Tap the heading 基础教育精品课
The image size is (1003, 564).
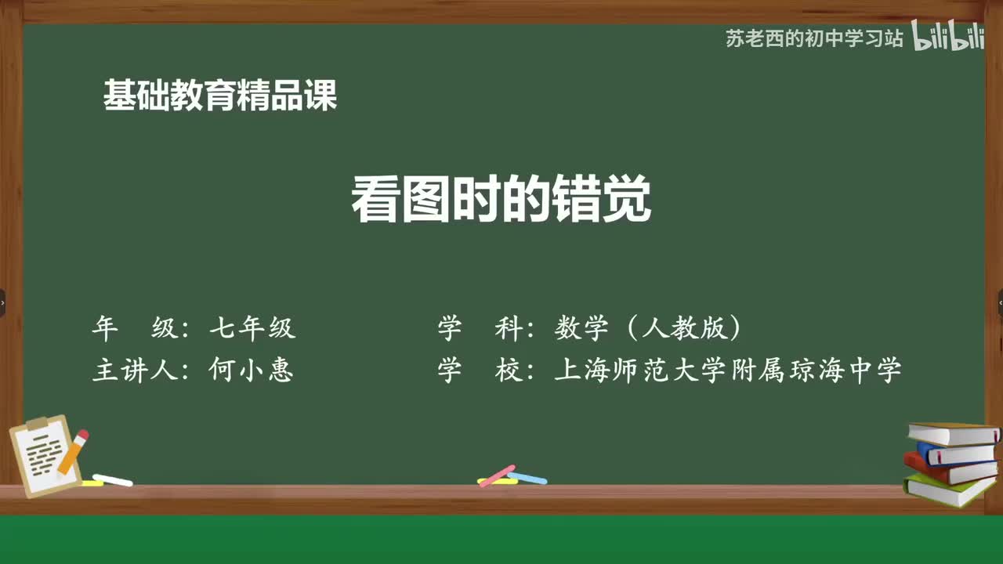coord(220,96)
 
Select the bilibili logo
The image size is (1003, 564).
coord(949,38)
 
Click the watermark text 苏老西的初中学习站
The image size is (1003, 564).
coord(814,38)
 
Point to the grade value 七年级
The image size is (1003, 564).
coord(252,328)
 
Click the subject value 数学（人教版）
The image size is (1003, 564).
coord(647,328)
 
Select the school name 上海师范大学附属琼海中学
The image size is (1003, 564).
coord(728,370)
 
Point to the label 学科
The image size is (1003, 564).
coord(480,328)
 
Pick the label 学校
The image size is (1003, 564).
coord(480,370)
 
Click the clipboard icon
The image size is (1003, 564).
coord(43,457)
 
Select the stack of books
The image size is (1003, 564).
coord(951,462)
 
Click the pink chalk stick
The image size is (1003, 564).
coord(497,475)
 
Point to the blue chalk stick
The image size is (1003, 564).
coord(527,477)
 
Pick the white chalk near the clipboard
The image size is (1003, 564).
coord(113,480)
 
